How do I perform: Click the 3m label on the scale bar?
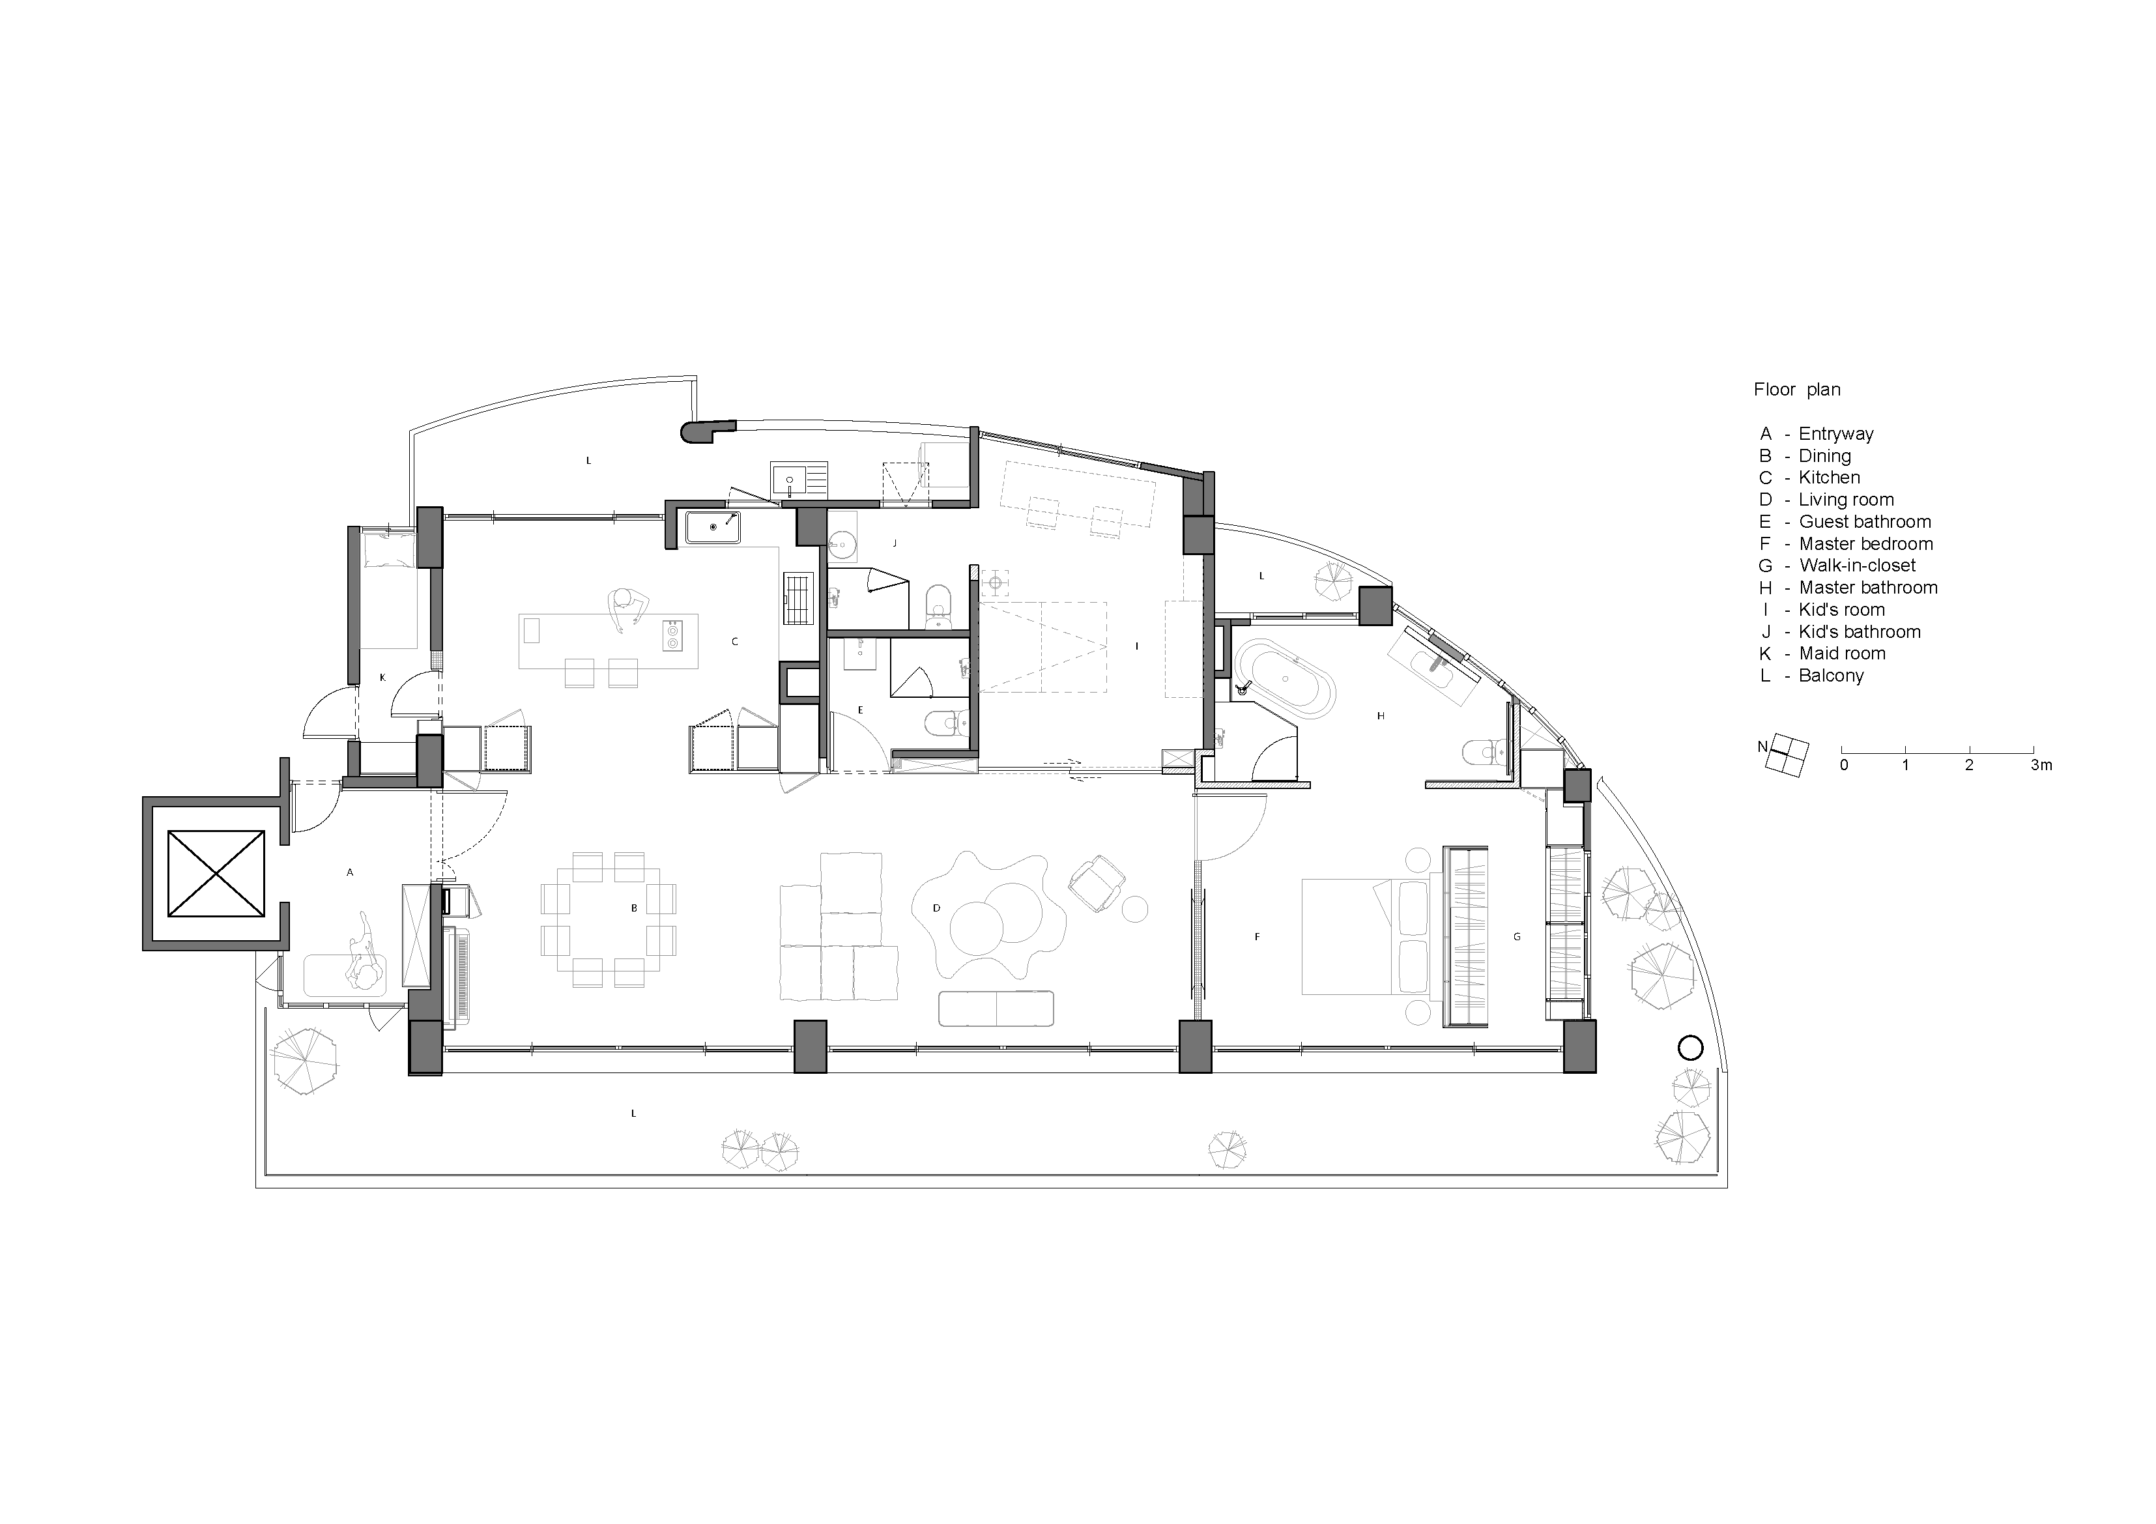tap(2041, 766)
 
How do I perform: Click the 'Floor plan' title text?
tap(1797, 390)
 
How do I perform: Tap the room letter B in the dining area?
tap(635, 908)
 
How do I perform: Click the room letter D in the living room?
tap(936, 908)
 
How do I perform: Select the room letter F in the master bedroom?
tap(1258, 937)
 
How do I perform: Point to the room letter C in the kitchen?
tap(735, 642)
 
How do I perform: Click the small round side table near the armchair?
tap(1134, 909)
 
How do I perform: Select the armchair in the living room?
tap(1098, 883)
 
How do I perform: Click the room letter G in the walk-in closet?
tap(1517, 937)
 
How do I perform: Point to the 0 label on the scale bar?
tap(1845, 766)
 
